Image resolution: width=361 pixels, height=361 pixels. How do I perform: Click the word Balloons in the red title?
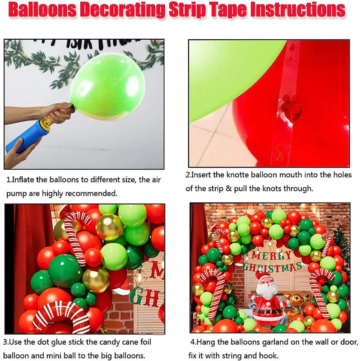42,10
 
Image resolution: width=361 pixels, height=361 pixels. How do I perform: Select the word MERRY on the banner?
272,255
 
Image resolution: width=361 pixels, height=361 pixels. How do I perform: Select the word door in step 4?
349,342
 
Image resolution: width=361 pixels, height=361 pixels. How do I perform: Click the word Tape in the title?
227,10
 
